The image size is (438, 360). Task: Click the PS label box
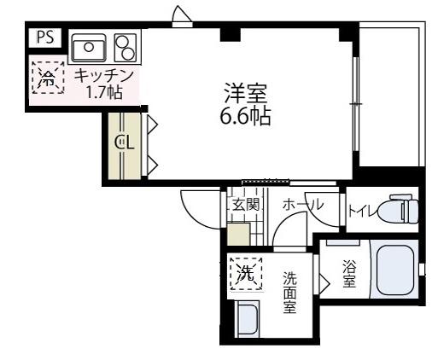point(44,38)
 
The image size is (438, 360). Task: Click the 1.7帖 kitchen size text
point(104,91)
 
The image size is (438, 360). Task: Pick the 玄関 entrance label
point(246,205)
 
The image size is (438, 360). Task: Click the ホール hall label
point(301,205)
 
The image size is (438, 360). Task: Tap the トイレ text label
point(362,208)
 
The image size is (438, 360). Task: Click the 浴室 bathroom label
point(348,274)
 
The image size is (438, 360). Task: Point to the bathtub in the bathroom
point(394,271)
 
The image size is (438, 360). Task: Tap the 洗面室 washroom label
point(290,291)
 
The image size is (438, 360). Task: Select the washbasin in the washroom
point(248,320)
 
